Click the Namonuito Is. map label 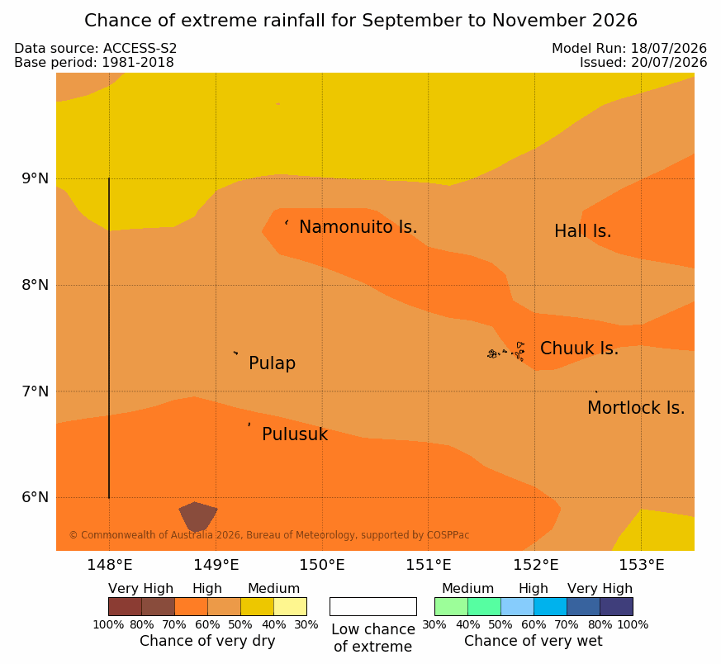(358, 227)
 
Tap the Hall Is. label (582, 231)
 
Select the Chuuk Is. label (579, 349)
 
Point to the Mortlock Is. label (636, 408)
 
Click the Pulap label (272, 363)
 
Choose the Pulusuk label (295, 434)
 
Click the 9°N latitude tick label (35, 178)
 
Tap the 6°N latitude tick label (35, 497)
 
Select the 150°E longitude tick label (322, 565)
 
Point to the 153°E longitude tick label (641, 565)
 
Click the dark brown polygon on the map (197, 516)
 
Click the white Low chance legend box (373, 606)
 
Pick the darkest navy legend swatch (616, 606)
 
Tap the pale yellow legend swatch (290, 606)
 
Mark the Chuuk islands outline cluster (506, 352)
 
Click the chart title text (360, 21)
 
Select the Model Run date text (629, 48)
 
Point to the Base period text (94, 63)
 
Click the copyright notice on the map (269, 535)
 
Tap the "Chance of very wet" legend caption (533, 641)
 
